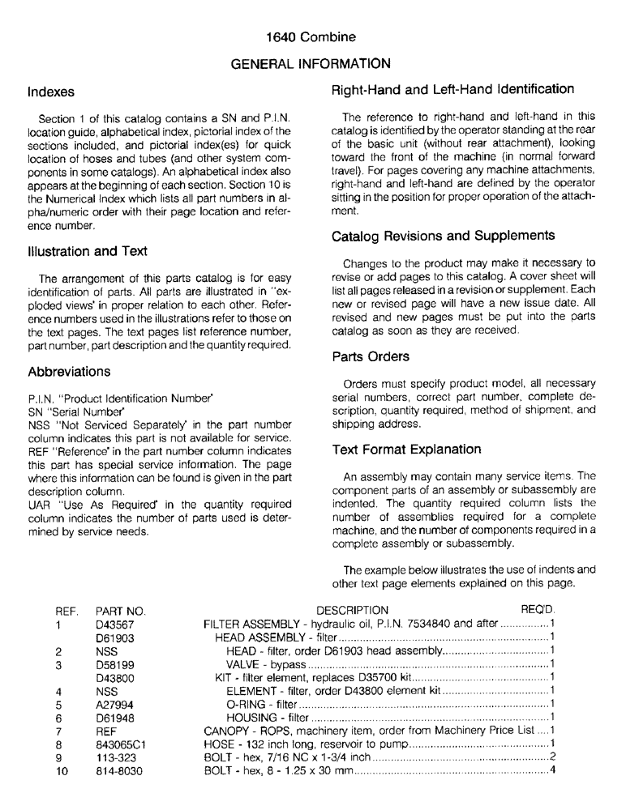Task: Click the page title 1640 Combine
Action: click(x=311, y=37)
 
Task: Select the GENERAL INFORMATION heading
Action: click(x=311, y=63)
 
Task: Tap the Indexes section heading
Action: click(x=50, y=92)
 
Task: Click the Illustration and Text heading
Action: click(x=87, y=251)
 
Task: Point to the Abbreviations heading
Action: click(x=69, y=372)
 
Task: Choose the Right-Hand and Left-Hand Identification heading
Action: click(x=453, y=89)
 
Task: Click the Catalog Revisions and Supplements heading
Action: click(x=443, y=236)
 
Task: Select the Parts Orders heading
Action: click(x=371, y=357)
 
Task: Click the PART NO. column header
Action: click(x=120, y=610)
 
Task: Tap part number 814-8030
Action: click(x=117, y=769)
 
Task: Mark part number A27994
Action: click(x=114, y=703)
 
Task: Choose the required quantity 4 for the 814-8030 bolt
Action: click(x=552, y=769)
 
